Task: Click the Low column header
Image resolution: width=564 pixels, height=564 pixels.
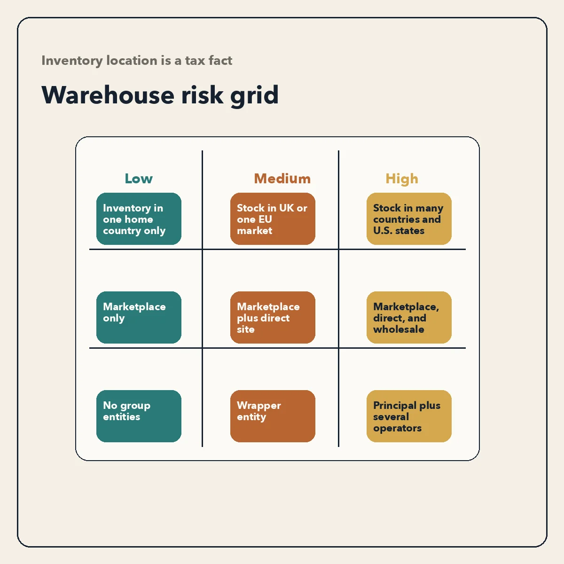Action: pyautogui.click(x=139, y=179)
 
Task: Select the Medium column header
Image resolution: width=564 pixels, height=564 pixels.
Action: pyautogui.click(x=282, y=179)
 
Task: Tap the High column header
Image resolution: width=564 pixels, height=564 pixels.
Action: pyautogui.click(x=402, y=179)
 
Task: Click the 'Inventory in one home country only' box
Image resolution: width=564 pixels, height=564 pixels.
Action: pyautogui.click(x=139, y=219)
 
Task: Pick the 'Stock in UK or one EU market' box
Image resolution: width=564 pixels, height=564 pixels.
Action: pyautogui.click(x=273, y=219)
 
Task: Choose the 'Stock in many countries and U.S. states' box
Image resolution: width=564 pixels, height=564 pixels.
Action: pyautogui.click(x=409, y=219)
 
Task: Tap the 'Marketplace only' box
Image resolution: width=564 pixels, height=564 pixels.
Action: pyautogui.click(x=139, y=317)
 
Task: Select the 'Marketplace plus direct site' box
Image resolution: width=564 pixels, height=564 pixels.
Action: pyautogui.click(x=273, y=317)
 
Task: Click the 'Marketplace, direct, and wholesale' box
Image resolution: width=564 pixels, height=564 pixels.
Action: pyautogui.click(x=409, y=317)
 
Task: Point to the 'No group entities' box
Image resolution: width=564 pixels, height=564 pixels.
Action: pyautogui.click(x=139, y=416)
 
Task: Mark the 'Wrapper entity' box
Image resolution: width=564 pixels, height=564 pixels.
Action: pyautogui.click(x=273, y=416)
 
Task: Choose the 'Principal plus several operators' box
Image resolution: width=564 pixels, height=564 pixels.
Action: pyautogui.click(x=409, y=416)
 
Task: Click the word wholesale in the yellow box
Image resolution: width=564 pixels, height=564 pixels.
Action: pyautogui.click(x=399, y=329)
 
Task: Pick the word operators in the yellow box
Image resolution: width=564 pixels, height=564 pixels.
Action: pyautogui.click(x=397, y=428)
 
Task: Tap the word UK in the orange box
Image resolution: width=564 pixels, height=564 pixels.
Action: pyautogui.click(x=286, y=208)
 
